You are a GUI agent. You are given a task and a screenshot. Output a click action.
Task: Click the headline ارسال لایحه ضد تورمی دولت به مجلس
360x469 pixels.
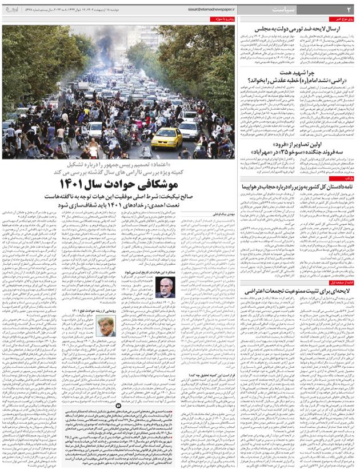point(299,29)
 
